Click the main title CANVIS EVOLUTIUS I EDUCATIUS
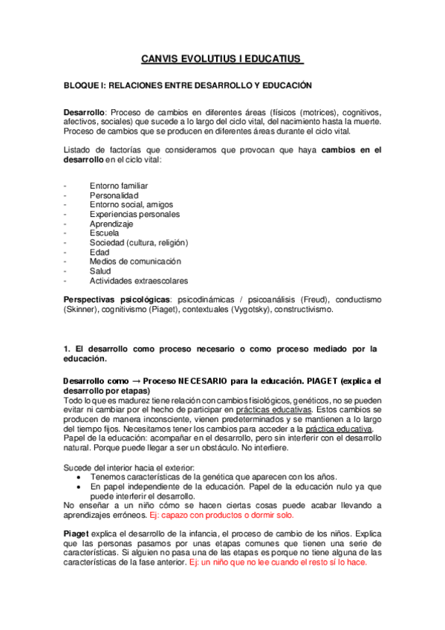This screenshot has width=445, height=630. [222, 59]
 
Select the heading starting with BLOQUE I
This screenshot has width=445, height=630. [187, 86]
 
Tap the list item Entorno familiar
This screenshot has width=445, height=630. [118, 186]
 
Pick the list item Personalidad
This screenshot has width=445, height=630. [114, 195]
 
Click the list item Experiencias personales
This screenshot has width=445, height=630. [134, 215]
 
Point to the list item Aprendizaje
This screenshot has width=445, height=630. [111, 224]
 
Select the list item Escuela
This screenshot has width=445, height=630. [104, 233]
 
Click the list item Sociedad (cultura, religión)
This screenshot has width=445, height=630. [138, 243]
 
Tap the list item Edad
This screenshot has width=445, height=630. [99, 253]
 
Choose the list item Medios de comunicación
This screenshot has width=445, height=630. [135, 262]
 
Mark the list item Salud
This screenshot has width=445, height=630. [100, 271]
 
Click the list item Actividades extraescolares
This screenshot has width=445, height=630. [138, 281]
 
